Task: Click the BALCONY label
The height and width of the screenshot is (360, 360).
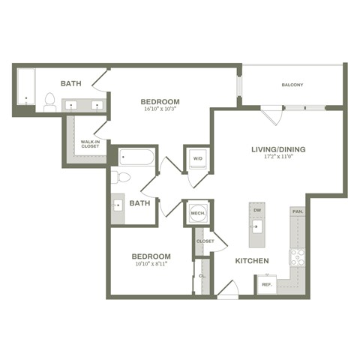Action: pos(292,85)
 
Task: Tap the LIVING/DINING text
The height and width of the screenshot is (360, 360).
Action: pos(277,148)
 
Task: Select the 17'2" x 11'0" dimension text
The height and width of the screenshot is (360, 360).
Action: pos(277,157)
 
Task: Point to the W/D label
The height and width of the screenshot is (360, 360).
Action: pos(198,159)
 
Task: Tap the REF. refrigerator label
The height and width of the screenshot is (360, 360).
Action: pos(266,284)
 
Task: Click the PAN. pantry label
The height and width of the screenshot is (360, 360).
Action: pos(298,212)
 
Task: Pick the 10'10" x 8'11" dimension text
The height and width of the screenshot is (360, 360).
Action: pos(152,265)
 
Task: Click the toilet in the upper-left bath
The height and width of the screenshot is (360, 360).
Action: pos(50,102)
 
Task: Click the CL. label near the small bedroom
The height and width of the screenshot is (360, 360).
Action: pos(202,277)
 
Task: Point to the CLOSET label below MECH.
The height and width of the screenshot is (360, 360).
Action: pos(205,241)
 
